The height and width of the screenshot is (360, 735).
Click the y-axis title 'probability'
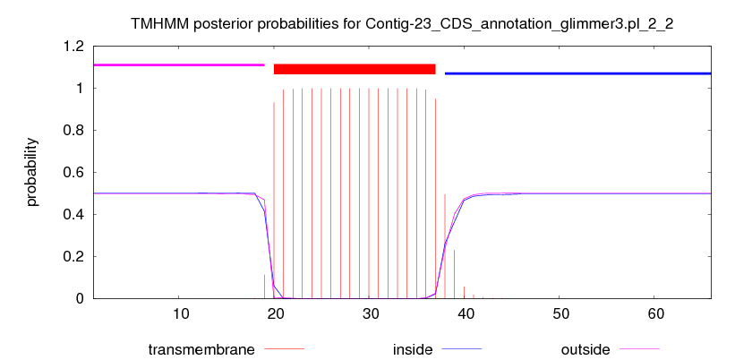(32, 172)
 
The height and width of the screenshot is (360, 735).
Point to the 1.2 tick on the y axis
(73, 46)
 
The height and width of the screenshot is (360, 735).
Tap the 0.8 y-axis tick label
(73, 131)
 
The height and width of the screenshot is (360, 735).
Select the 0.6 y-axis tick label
(73, 172)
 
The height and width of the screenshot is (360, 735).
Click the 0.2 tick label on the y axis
(73, 256)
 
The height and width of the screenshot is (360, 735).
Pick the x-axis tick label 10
(181, 313)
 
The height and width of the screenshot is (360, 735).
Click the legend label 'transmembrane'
(201, 349)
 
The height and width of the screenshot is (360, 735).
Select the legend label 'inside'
(413, 349)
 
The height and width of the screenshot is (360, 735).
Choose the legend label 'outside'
(585, 349)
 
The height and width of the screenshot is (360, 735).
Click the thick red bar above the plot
(355, 69)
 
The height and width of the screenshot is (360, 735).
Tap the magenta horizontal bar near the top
(179, 64)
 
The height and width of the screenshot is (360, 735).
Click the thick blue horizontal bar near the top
(578, 73)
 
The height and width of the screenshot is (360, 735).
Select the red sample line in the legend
(285, 349)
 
